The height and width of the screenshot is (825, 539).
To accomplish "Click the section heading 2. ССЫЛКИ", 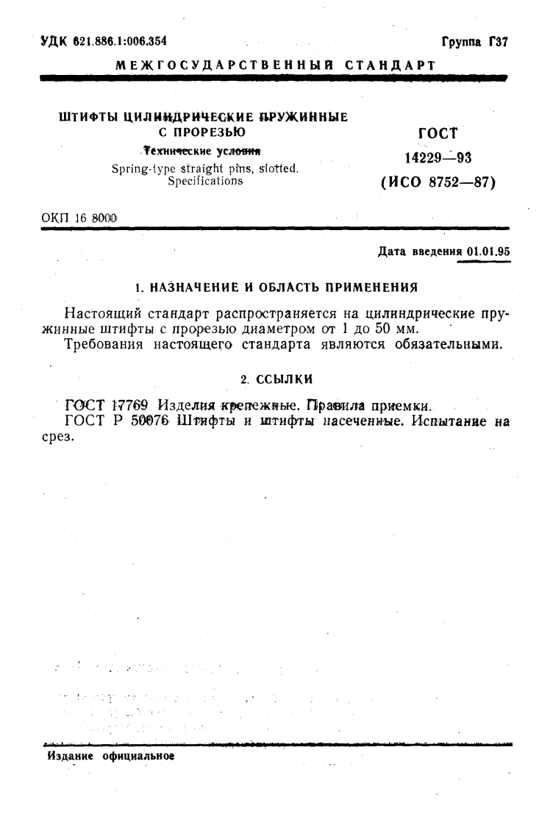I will (276, 378).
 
